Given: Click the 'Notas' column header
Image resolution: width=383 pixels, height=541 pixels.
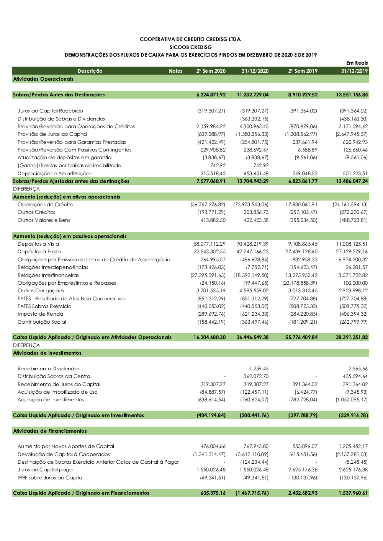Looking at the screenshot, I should tap(176, 71).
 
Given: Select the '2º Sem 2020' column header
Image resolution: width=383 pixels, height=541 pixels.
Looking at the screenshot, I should tap(211, 71).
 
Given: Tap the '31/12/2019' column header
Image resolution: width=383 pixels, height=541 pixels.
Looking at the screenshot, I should tap(354, 71).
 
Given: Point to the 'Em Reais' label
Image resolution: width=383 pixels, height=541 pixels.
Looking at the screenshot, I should tap(357, 63).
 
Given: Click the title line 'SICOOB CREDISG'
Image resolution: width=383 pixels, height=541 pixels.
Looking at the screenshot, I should tap(190, 47).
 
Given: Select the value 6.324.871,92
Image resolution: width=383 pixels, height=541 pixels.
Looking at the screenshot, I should tap(211, 95).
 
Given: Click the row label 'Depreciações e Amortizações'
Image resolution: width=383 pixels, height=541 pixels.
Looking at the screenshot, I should tap(55, 173).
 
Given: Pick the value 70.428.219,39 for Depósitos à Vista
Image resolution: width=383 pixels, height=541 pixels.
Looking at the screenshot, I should tap(252, 244).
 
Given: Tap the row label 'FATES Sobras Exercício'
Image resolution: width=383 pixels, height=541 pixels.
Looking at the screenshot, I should tap(44, 306).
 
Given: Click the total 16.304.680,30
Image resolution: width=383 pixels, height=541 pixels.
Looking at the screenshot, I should tap(210, 337).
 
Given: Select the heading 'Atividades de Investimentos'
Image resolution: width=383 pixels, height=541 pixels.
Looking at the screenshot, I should tap(47, 353).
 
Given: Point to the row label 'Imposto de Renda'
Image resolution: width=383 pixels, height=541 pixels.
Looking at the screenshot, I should tap(40, 314).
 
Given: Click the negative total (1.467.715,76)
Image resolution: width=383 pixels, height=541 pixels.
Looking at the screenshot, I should tap(252, 493).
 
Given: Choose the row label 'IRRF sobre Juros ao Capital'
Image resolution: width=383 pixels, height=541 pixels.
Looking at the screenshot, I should tap(51, 477).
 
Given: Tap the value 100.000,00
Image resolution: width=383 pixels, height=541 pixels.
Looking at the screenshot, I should tap(355, 283).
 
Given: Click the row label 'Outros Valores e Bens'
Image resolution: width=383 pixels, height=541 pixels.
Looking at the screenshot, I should tap(44, 220).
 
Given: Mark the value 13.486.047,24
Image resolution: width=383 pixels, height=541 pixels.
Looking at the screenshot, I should tap(352, 181).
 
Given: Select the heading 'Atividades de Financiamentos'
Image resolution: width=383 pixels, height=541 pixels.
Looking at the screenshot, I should tap(50, 431).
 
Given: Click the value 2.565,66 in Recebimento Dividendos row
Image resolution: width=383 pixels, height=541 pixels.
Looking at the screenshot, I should tap(358, 368).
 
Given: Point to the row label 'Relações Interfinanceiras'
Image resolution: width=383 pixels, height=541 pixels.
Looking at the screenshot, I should tap(48, 275).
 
